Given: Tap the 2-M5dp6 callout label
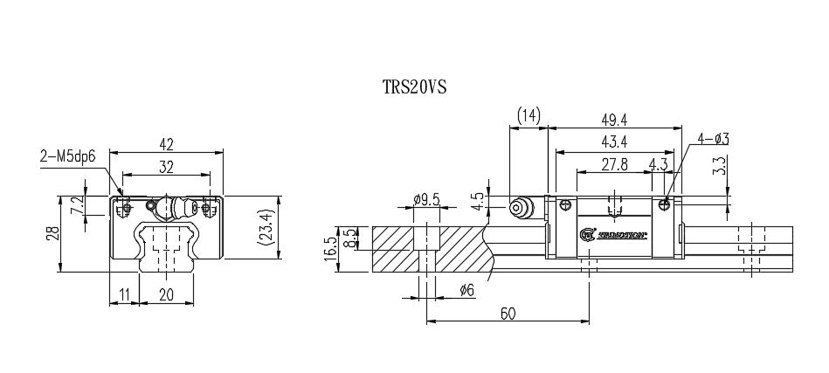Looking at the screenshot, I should (68, 157).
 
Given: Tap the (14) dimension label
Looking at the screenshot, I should (528, 115).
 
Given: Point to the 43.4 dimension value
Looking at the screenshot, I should (615, 142).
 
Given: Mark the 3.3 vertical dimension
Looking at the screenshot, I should (719, 166).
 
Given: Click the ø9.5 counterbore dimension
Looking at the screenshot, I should (426, 199).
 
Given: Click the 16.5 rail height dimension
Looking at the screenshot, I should (330, 248).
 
